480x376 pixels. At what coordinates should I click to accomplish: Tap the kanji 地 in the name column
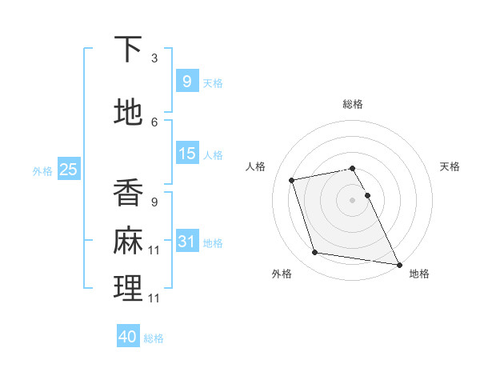tap(128, 113)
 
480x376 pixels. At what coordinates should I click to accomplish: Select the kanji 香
tap(128, 193)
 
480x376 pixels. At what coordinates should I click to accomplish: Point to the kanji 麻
tap(128, 241)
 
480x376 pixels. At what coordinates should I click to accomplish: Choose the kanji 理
tap(128, 289)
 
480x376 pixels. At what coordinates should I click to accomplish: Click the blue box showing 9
tap(186, 81)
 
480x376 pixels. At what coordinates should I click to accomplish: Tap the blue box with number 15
tap(186, 154)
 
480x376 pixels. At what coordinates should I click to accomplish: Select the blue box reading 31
tap(186, 242)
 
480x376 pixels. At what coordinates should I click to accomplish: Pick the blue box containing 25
tap(68, 170)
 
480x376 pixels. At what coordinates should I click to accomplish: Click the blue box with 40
tap(128, 337)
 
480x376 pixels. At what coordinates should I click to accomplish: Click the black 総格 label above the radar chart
tap(353, 104)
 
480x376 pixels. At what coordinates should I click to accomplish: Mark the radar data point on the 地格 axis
tap(398, 263)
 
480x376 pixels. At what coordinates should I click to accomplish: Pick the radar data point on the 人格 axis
tap(292, 180)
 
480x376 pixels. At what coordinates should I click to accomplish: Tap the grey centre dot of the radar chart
tap(353, 200)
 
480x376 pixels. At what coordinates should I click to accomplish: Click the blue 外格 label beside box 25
tap(42, 170)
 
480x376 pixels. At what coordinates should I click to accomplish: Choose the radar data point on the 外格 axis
tap(315, 253)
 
